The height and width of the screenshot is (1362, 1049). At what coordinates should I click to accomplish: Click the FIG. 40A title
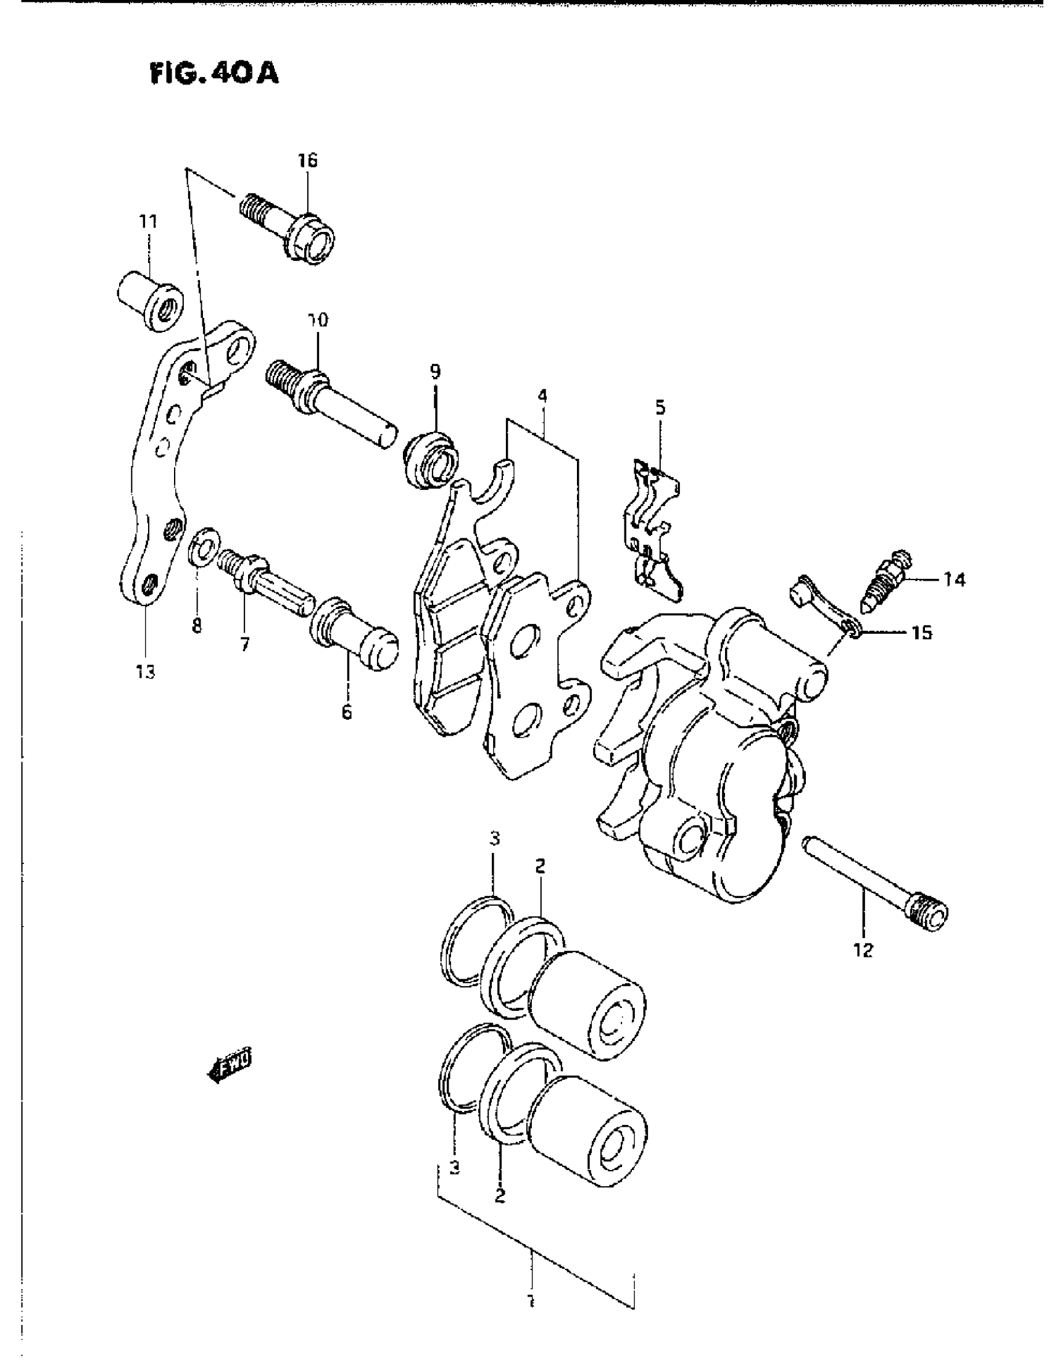(x=214, y=74)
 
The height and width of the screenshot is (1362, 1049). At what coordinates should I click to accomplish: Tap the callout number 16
(x=307, y=161)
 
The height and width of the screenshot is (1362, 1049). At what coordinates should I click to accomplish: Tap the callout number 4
(x=542, y=395)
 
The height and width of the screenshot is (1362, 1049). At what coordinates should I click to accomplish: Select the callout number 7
(x=244, y=644)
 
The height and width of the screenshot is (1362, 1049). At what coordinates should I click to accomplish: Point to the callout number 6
(x=346, y=711)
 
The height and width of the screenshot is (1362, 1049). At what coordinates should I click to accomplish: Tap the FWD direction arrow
(x=230, y=1068)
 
